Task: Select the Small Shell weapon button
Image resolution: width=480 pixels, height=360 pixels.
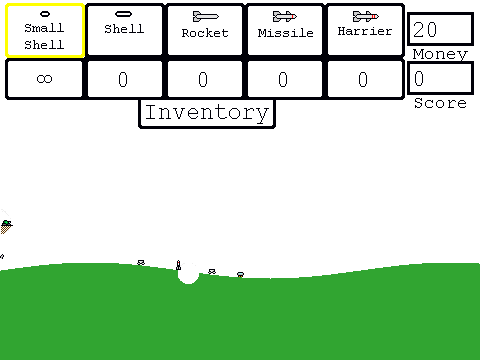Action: (x=45, y=30)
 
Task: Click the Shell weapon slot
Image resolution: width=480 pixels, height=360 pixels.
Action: (x=124, y=30)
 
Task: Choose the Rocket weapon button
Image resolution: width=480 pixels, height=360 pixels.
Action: (x=205, y=30)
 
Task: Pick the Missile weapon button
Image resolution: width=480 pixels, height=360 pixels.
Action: (x=285, y=30)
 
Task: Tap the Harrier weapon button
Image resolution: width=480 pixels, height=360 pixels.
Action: (x=365, y=30)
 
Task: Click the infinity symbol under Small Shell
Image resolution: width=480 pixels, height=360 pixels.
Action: (x=44, y=79)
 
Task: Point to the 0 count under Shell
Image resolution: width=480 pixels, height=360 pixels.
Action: (x=123, y=80)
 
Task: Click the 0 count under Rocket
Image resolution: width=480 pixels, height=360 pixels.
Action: (x=203, y=80)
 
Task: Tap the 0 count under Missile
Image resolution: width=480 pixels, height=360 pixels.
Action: (x=283, y=80)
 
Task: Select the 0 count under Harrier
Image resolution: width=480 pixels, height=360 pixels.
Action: (x=363, y=80)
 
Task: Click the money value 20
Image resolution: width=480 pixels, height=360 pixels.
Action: (x=425, y=29)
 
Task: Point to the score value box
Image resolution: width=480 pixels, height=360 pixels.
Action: (x=440, y=79)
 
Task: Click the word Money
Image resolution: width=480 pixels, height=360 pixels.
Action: (x=440, y=54)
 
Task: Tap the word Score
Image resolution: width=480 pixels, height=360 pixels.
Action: (x=440, y=103)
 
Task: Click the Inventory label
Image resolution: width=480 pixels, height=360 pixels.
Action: (x=207, y=113)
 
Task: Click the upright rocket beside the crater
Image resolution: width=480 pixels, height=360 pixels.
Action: (x=178, y=265)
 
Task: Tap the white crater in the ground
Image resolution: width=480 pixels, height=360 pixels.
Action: (x=189, y=275)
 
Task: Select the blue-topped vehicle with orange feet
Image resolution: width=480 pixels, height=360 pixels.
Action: (x=240, y=274)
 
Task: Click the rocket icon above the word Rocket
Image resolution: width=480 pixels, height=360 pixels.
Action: (x=206, y=16)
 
